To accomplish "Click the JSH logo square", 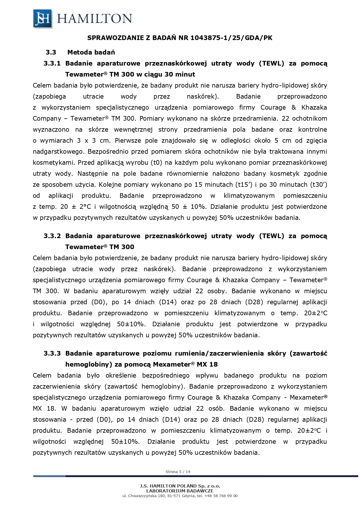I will (x=43, y=19).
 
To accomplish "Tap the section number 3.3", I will (x=51, y=52).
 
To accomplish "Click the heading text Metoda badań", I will (x=91, y=52).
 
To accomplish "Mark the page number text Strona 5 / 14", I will (x=178, y=472).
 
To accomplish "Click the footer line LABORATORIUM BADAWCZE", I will (x=180, y=491).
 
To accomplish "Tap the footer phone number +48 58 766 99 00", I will (x=221, y=496).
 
